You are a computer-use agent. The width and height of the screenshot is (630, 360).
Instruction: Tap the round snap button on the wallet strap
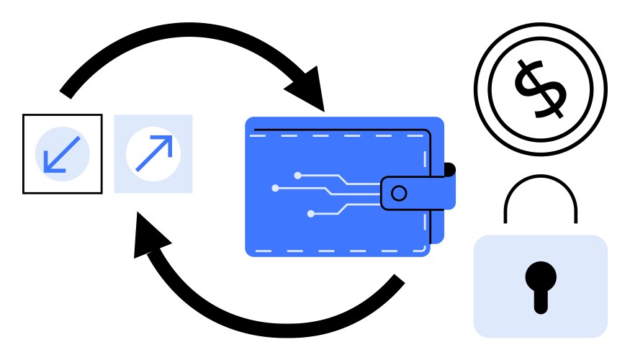399,193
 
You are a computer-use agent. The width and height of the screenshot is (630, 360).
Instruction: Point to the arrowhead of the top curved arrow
308,86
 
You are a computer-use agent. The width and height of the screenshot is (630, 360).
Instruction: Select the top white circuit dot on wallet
297,175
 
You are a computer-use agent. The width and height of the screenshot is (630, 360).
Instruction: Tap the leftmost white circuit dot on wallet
275,189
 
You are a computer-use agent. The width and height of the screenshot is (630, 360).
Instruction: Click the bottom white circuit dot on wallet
310,213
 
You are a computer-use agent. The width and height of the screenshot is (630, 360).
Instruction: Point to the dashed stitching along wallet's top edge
338,135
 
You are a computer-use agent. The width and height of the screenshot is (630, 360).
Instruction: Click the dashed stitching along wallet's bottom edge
338,250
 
